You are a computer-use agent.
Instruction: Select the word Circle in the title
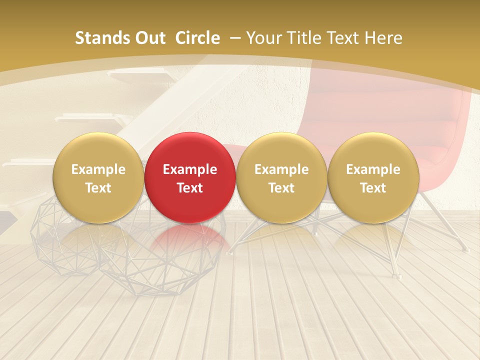tap(197, 38)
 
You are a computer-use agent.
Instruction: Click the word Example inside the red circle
tap(190, 169)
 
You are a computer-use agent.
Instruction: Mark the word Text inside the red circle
tap(190, 188)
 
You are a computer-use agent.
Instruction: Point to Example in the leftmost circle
tap(98, 169)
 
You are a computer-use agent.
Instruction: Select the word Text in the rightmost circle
tap(373, 188)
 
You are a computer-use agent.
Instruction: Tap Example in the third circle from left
tap(281, 169)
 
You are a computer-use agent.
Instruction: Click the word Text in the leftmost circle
tap(98, 188)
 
